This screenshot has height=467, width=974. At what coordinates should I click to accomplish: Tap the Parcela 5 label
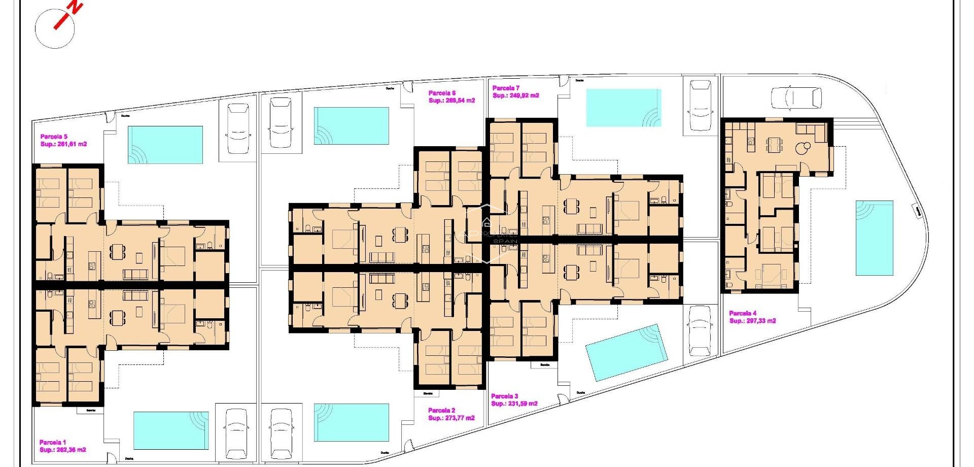click(53, 137)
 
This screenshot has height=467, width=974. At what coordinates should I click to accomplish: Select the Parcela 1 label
click(53, 442)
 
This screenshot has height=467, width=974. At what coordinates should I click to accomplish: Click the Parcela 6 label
click(442, 93)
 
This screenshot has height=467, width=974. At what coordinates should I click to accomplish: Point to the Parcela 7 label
click(506, 88)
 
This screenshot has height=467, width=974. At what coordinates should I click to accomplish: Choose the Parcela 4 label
click(743, 313)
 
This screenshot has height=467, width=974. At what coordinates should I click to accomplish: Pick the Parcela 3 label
click(504, 396)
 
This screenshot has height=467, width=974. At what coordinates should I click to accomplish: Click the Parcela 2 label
click(441, 410)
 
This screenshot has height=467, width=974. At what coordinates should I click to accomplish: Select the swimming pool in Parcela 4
click(874, 238)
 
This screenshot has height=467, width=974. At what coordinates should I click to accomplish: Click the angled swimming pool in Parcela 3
click(625, 352)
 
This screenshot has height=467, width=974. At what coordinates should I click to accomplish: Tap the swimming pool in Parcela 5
click(165, 145)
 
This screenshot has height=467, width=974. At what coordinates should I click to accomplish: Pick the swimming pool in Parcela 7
click(623, 108)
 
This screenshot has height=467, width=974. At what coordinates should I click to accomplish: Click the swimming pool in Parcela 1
click(171, 430)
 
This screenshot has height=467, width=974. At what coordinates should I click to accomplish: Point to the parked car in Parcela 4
click(796, 97)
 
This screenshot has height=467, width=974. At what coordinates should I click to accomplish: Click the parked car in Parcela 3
click(700, 330)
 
